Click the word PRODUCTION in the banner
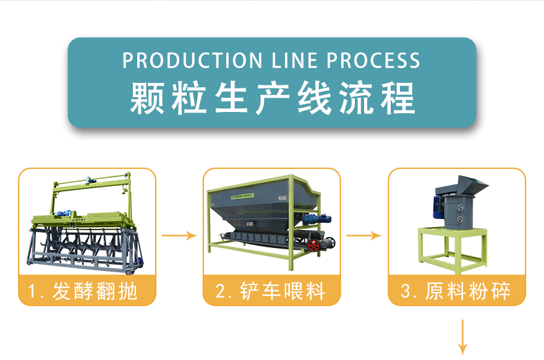192,61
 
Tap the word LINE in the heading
294,61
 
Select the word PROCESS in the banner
373,61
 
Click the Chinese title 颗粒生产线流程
273,98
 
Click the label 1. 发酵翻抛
83,291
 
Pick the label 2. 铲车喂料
270,291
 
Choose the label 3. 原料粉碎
456,291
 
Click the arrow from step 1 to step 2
179,236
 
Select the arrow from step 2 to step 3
363,236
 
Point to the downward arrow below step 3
462,337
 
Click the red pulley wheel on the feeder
314,245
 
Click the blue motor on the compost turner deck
65,213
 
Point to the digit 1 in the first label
32,291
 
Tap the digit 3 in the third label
406,291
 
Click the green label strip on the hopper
242,196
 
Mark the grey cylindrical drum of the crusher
459,212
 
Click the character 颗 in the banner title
147,98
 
